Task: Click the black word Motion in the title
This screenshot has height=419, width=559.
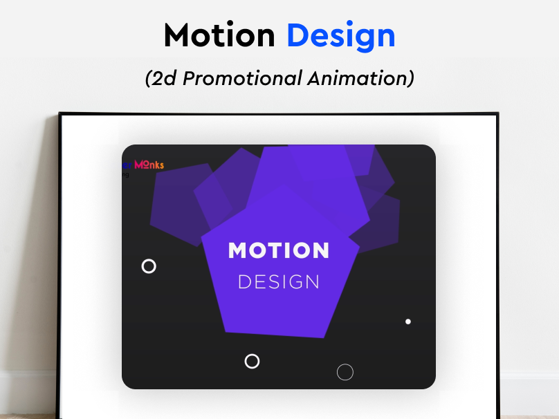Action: tap(219, 36)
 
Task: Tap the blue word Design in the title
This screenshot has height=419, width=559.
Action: tap(340, 36)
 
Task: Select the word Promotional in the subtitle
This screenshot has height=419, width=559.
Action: tap(242, 78)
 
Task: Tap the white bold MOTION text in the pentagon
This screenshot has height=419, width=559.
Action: tap(279, 250)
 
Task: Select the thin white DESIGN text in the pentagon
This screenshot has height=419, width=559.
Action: tap(279, 282)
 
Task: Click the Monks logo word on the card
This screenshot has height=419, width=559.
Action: tap(149, 165)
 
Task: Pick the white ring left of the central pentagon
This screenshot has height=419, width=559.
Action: tap(149, 266)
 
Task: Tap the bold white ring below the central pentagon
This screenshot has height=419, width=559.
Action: tap(253, 361)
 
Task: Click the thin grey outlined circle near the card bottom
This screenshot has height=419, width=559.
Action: tap(345, 372)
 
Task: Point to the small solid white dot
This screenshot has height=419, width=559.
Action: tap(408, 322)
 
